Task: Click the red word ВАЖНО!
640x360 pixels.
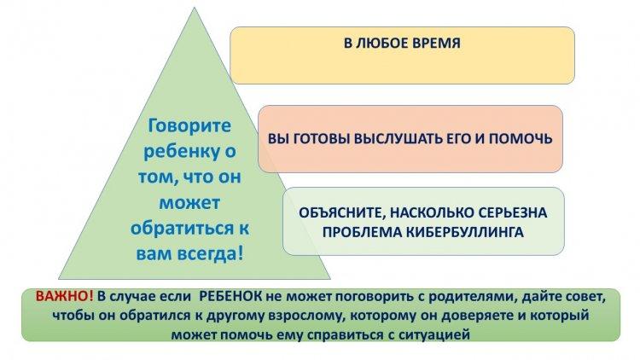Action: click(65, 296)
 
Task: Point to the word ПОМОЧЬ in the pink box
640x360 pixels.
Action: click(521, 139)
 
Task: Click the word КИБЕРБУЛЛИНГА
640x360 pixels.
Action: click(465, 232)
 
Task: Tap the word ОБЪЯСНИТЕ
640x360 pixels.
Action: click(342, 212)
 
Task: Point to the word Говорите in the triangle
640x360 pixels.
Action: click(189, 125)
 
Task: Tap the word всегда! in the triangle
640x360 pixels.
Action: click(212, 254)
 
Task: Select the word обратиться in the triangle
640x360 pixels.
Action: click(182, 228)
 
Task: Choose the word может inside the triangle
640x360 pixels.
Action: click(189, 203)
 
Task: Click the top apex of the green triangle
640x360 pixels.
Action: click(195, 8)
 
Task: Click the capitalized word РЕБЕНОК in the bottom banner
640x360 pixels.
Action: click(231, 296)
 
